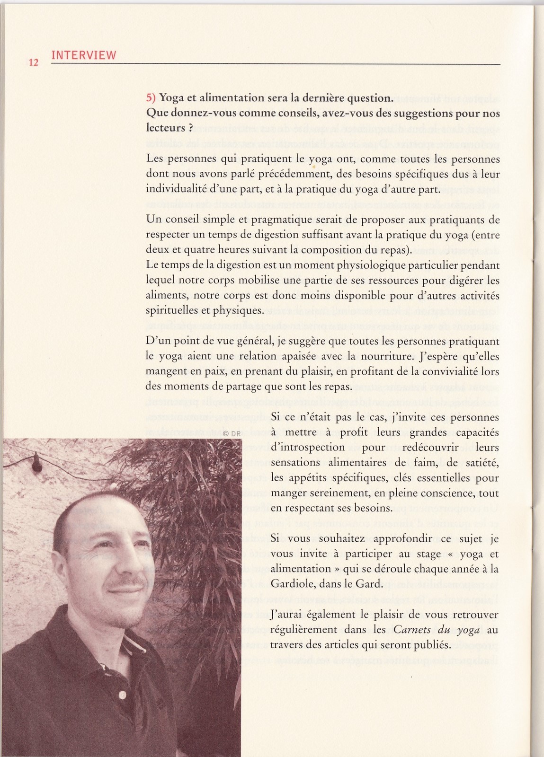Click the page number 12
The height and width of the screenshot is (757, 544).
[x=33, y=62]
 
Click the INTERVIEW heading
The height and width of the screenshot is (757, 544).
[x=83, y=55]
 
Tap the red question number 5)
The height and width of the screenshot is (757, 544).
[x=152, y=98]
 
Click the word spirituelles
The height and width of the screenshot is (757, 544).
[x=172, y=311]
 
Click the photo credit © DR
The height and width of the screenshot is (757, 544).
[x=232, y=433]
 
